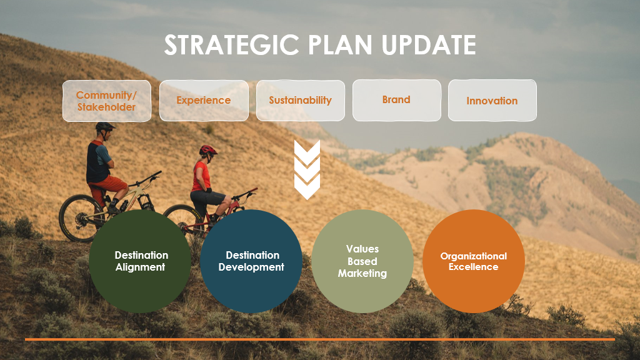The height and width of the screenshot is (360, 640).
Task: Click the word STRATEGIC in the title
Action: (x=231, y=44)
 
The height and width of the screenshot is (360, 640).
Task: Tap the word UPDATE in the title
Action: (x=429, y=44)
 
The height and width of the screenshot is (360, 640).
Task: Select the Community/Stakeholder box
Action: (x=106, y=101)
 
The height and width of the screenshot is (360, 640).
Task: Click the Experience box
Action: (x=204, y=101)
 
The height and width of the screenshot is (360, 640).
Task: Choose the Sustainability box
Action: (x=301, y=101)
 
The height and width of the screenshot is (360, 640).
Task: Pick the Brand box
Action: (x=397, y=100)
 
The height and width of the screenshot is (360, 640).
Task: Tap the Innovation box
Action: (x=492, y=101)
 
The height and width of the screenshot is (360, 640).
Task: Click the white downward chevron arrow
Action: (x=307, y=169)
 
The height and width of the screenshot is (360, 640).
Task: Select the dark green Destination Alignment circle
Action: (x=140, y=261)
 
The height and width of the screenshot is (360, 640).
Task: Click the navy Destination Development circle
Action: (x=251, y=261)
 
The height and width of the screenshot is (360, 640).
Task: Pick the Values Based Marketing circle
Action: (x=362, y=261)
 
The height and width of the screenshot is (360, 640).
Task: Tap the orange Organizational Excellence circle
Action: (x=474, y=261)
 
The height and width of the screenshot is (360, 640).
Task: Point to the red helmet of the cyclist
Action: (x=208, y=150)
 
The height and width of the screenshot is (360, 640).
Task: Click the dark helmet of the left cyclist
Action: (x=105, y=127)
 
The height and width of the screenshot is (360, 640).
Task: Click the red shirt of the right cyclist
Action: (x=201, y=176)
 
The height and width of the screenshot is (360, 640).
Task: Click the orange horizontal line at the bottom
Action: (x=320, y=339)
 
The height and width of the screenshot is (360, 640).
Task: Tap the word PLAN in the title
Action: (x=340, y=44)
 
